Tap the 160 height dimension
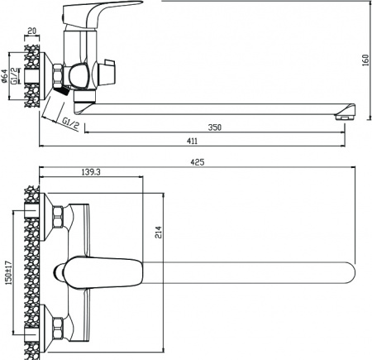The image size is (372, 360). pos(364,62)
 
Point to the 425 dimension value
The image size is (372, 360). pos(198,163)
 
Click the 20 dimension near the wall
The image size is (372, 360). pos(31,31)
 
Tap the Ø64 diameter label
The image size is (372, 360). pos(6,79)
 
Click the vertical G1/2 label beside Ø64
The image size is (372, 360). pos(15,80)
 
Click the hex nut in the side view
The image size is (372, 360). pos(58,76)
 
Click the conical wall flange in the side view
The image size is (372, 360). pos(46,76)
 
